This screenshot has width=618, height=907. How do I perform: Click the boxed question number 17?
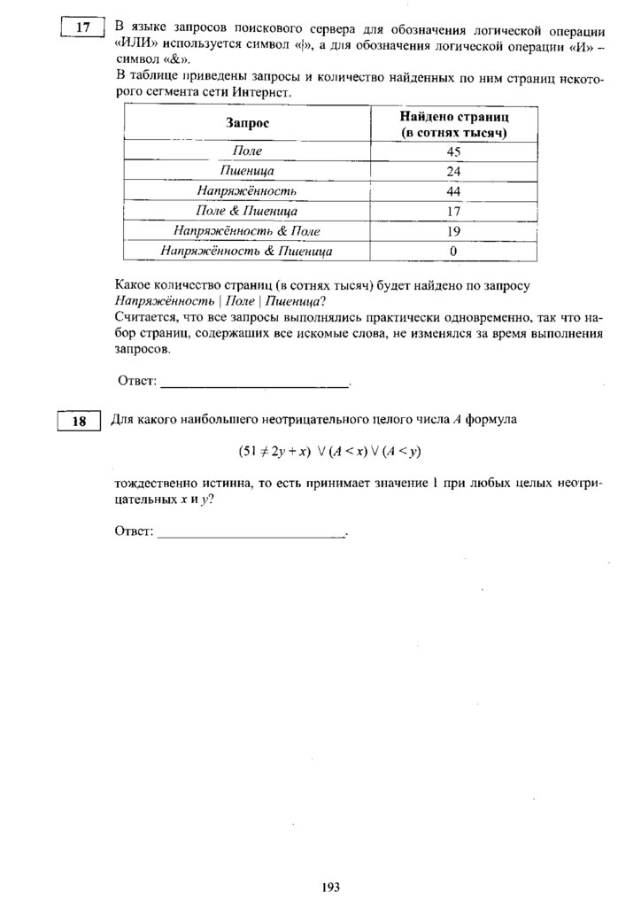click(x=82, y=28)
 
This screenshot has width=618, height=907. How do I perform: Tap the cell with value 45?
click(x=453, y=151)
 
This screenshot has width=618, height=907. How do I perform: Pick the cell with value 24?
click(x=453, y=171)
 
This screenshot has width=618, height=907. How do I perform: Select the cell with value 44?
click(x=453, y=190)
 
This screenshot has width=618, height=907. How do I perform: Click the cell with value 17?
click(x=453, y=211)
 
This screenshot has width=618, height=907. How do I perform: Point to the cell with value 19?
click(x=453, y=230)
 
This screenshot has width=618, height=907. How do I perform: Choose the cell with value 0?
click(x=453, y=251)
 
